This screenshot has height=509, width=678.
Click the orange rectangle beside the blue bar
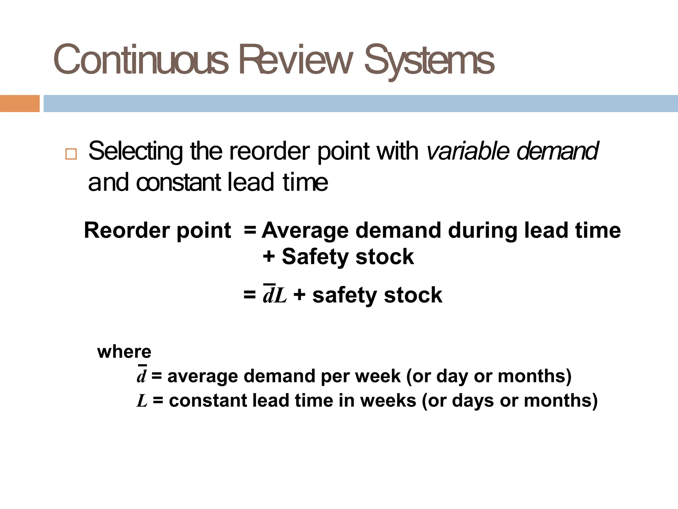20,103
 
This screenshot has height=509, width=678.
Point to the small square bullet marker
71,154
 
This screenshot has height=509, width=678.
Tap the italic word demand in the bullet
557,151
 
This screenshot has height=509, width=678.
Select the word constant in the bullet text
178,183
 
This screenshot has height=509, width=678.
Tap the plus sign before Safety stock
269,256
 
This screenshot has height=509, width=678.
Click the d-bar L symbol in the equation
274,295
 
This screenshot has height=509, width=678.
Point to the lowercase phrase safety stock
377,295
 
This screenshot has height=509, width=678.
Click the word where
124,352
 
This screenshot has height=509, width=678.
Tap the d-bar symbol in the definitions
141,376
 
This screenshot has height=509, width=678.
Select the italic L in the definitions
142,401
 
